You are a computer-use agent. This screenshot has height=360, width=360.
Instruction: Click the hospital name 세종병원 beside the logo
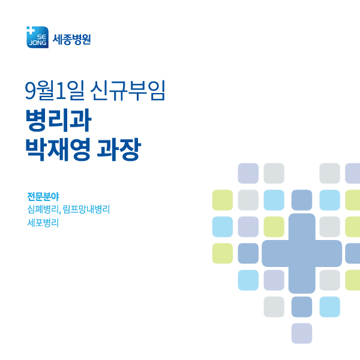72,40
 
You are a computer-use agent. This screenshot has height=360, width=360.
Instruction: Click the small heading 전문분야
43,196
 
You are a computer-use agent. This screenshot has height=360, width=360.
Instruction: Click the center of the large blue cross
302,253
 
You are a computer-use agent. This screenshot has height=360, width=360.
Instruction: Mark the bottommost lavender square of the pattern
302,333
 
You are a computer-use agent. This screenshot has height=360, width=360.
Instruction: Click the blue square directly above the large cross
302,200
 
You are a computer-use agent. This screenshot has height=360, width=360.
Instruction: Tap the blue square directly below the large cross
302,307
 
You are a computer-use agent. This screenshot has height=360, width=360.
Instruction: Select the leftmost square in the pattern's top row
248,173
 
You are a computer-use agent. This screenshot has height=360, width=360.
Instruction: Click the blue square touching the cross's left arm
248,253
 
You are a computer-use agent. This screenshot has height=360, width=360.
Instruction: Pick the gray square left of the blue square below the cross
274,307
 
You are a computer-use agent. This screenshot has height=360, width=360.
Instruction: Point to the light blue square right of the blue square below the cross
329,307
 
